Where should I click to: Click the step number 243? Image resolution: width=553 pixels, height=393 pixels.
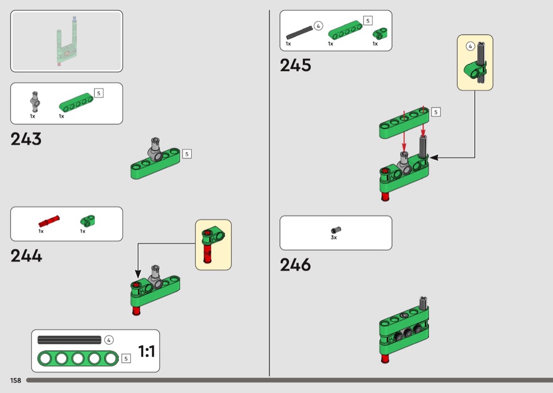[x=26, y=139]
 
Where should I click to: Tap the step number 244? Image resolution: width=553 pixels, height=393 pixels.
[x=26, y=256]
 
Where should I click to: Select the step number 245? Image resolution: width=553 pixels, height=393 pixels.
[x=295, y=65]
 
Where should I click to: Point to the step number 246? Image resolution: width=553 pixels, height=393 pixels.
[x=295, y=264]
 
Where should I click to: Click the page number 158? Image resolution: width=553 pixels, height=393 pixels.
[x=15, y=380]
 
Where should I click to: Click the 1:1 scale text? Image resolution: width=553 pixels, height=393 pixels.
[x=146, y=351]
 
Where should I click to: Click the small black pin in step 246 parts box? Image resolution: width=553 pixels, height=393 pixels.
[x=335, y=229]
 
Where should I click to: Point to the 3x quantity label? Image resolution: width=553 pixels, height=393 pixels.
[x=334, y=238]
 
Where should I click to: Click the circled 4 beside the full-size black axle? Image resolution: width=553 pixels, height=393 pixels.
[x=109, y=340]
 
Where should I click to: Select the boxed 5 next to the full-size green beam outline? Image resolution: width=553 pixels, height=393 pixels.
[x=125, y=359]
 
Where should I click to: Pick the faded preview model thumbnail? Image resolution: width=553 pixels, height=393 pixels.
[x=66, y=41]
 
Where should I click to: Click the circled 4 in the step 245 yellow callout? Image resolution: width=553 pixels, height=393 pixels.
[x=470, y=46]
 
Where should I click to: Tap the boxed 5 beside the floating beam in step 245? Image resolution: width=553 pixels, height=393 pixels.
[x=436, y=112]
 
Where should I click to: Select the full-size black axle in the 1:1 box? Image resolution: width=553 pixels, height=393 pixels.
[x=69, y=340]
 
